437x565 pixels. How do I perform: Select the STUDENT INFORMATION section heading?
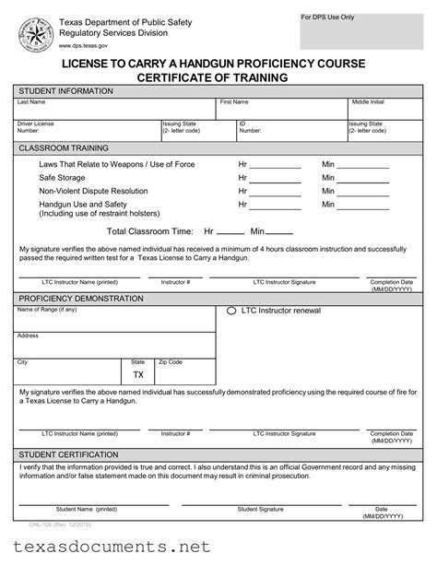click(x=66, y=91)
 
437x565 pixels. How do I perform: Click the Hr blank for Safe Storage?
click(x=276, y=180)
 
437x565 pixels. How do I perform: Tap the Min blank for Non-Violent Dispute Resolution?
click(x=369, y=193)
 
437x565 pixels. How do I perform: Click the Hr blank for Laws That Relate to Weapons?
click(x=276, y=167)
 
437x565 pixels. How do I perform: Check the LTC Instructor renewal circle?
click(x=231, y=312)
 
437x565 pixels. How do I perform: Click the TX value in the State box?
click(x=138, y=375)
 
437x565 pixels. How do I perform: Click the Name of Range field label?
click(x=47, y=309)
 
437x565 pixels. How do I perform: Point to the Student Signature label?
click(x=260, y=509)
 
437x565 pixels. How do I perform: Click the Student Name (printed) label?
click(x=86, y=509)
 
